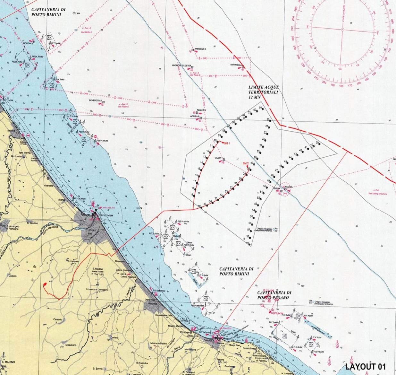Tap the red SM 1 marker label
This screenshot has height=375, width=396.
[x=227, y=143]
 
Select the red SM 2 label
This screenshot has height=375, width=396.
[x=246, y=163]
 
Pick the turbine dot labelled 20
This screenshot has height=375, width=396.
[x=271, y=121]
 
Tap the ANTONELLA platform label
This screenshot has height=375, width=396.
[x=236, y=65]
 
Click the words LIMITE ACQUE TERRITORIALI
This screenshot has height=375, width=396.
[x=264, y=92]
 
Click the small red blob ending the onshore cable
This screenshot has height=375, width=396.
[x=44, y=284]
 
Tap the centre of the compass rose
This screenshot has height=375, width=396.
[x=342, y=30]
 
